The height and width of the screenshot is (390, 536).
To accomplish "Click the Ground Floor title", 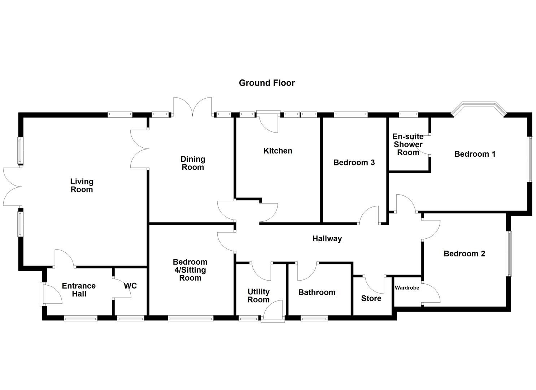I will pyautogui.click(x=267, y=83).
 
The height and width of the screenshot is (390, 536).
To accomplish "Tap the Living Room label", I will pyautogui.click(x=82, y=186).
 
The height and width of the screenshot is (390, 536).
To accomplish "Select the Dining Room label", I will pyautogui.click(x=193, y=163).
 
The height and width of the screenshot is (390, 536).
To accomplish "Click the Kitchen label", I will pyautogui.click(x=278, y=151).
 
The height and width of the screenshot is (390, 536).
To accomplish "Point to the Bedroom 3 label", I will pyautogui.click(x=354, y=162).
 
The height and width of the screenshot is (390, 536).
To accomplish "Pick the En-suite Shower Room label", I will pyautogui.click(x=408, y=144).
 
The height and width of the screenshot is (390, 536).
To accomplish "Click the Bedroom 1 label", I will pyautogui.click(x=475, y=154).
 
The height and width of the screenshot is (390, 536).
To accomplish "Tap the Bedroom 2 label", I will pyautogui.click(x=464, y=254).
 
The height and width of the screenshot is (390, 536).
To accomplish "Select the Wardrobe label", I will pyautogui.click(x=407, y=288).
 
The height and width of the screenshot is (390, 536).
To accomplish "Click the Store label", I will pyautogui.click(x=371, y=298).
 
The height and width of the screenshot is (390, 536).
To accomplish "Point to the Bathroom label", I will pyautogui.click(x=317, y=292).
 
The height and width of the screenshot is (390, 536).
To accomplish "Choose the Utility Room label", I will pyautogui.click(x=258, y=296).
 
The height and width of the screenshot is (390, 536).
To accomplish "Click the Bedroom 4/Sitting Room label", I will pyautogui.click(x=190, y=270).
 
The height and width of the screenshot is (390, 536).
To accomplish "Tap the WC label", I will pyautogui.click(x=130, y=286).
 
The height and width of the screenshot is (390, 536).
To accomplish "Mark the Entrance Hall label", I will pyautogui.click(x=79, y=290).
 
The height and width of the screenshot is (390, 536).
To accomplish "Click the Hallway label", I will pyautogui.click(x=327, y=239).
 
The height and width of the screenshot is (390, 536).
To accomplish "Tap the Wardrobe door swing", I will pyautogui.click(x=432, y=293).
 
